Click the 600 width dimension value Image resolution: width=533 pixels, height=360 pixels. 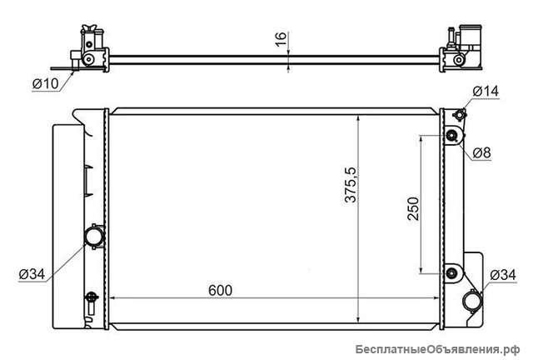(220, 290)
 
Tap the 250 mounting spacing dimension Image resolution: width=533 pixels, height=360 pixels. (413, 209)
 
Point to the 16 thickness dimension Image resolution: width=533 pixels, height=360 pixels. (281, 39)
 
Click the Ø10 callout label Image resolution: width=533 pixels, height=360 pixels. (46, 83)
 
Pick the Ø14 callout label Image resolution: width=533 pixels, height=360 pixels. (486, 91)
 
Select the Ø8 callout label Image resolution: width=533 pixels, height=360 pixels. (481, 152)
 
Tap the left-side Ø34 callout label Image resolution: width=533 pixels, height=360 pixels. (32, 274)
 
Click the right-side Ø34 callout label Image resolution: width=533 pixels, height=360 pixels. (503, 275)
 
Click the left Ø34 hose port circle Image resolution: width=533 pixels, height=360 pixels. (94, 237)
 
